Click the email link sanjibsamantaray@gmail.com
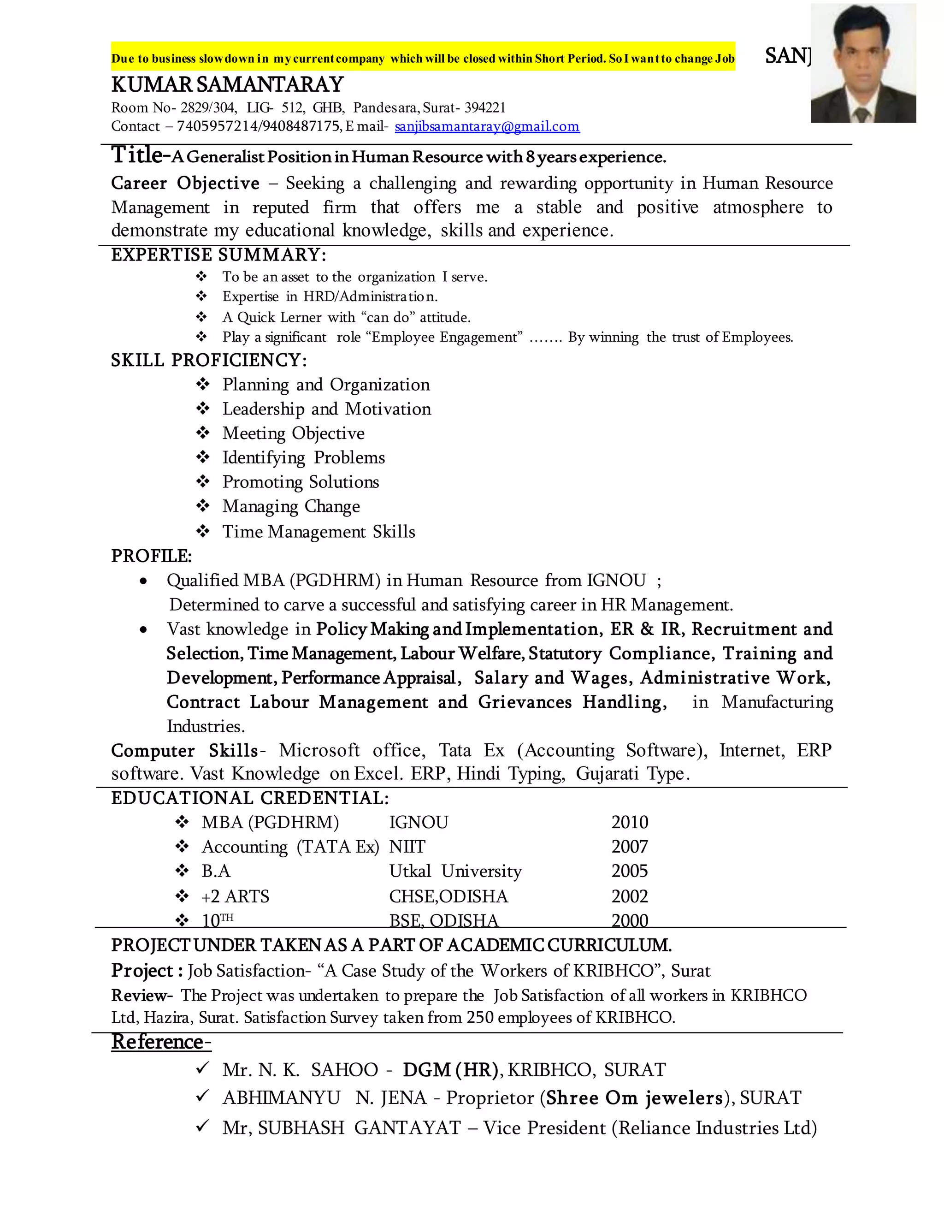(487, 126)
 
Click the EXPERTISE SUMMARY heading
(218, 255)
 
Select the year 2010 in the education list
(630, 823)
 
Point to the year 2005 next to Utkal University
(630, 871)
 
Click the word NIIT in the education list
(407, 847)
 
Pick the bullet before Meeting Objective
(202, 433)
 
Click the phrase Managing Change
(291, 506)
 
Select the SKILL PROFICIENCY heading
(209, 360)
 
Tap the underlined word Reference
(160, 1042)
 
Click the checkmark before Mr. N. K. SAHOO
(202, 1068)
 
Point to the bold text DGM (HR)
(449, 1070)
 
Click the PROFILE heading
(151, 556)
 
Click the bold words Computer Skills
(184, 750)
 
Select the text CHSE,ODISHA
(448, 896)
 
